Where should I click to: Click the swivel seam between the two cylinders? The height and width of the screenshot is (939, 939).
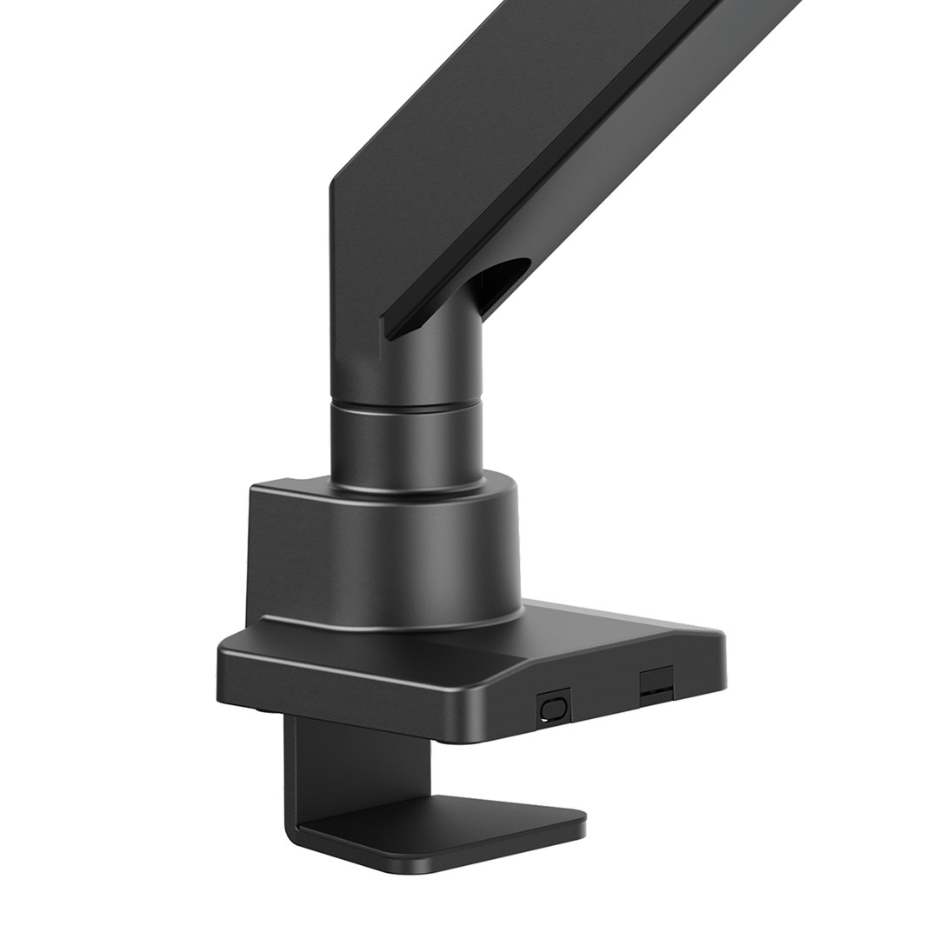[x=407, y=404]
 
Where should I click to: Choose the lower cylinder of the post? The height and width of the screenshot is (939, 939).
[x=407, y=443]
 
